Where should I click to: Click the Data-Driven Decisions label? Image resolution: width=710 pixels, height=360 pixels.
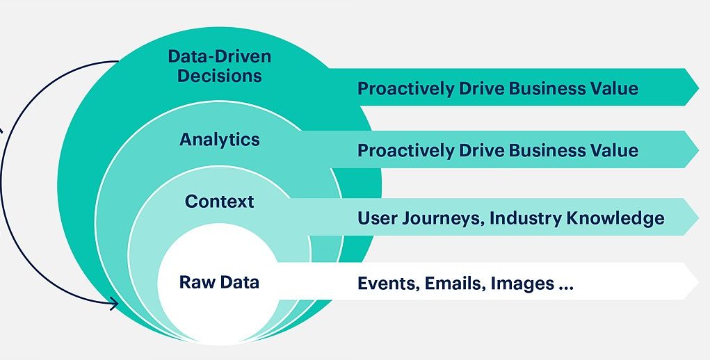coord(220,66)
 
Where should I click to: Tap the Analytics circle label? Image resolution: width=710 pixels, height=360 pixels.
coord(220,139)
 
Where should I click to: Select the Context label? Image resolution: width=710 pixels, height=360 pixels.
coord(220,202)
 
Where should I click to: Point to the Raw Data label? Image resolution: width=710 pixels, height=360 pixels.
coord(220,282)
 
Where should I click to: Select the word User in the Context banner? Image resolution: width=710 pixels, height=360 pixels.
coord(375,218)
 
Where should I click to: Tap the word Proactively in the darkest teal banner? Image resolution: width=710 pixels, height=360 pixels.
coord(405,88)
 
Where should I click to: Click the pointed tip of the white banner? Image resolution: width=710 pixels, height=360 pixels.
coord(698,281)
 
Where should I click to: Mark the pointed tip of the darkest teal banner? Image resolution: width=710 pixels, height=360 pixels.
coord(698,87)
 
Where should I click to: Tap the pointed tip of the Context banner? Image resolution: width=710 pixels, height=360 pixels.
coord(698,217)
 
